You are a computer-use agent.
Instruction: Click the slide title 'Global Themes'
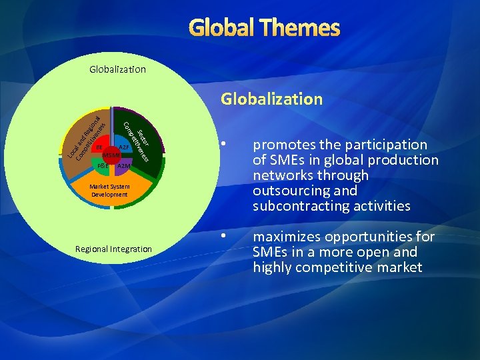[x=265, y=28]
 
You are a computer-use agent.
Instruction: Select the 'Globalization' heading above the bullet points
[x=272, y=99]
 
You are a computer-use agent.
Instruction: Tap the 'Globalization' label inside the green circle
[x=117, y=69]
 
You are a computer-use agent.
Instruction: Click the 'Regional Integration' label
[x=113, y=249]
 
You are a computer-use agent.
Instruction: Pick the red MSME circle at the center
[x=110, y=155]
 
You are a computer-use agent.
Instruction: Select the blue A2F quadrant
[x=123, y=147]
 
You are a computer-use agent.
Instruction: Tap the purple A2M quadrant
[x=123, y=165]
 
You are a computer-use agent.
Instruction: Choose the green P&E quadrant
[x=101, y=165]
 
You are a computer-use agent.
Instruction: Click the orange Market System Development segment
[x=110, y=191]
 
